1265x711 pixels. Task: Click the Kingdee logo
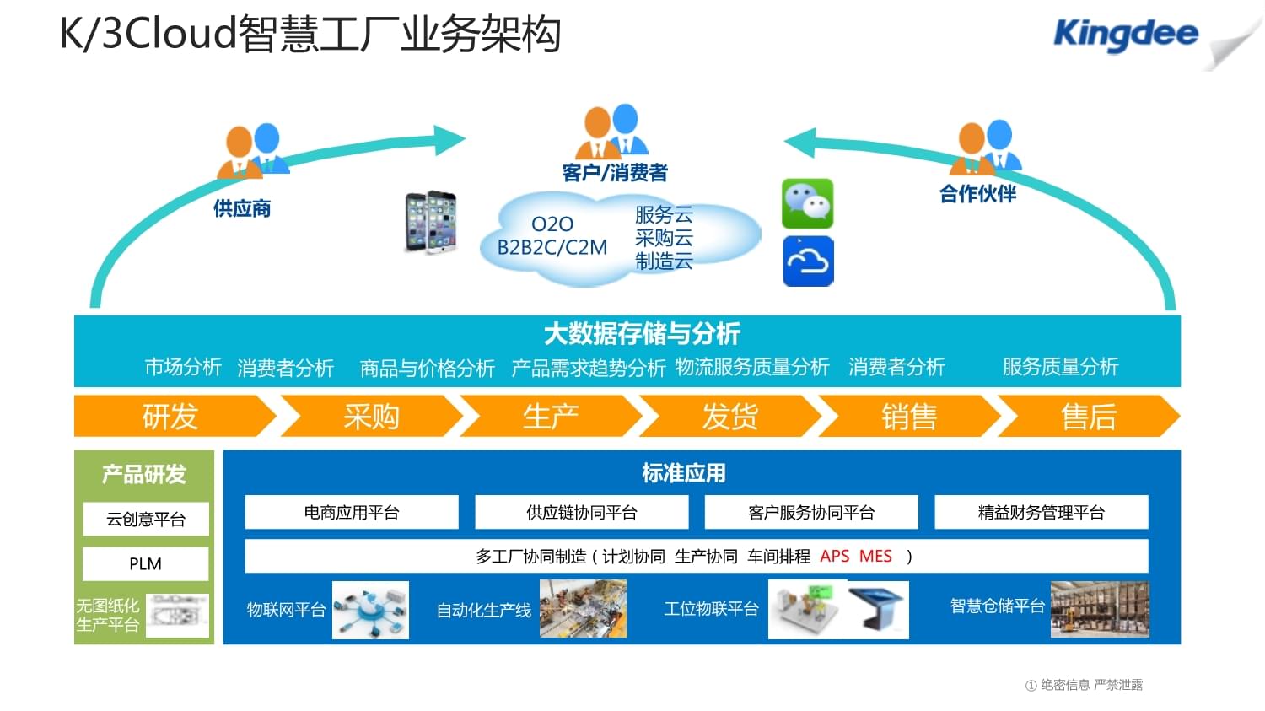point(1125,34)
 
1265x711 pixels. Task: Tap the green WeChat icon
point(807,203)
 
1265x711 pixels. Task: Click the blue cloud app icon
point(808,261)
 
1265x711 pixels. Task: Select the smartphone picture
point(431,222)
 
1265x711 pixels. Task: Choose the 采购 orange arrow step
point(371,416)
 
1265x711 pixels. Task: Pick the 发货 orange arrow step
point(730,416)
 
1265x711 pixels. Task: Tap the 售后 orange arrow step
point(1088,416)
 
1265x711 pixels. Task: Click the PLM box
point(145,563)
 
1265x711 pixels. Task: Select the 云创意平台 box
point(145,519)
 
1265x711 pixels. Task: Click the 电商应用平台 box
point(352,512)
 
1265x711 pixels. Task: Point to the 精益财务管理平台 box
point(1041,512)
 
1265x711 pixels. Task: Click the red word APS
point(835,556)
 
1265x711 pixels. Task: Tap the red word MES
point(875,556)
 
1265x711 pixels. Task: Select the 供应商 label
point(242,208)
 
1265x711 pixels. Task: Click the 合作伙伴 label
point(977,194)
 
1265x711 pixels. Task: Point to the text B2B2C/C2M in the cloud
point(552,247)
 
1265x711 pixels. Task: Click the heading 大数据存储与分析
point(642,334)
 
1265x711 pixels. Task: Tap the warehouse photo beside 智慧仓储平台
point(1100,609)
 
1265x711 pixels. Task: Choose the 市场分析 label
point(183,367)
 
